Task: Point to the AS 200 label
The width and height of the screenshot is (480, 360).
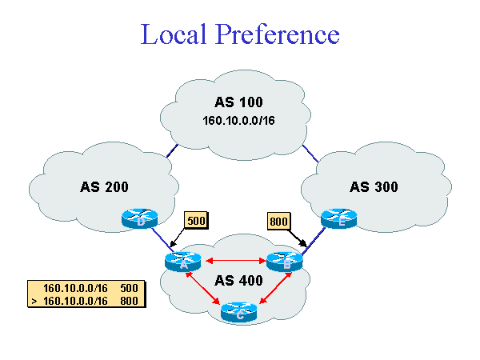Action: pos(104,187)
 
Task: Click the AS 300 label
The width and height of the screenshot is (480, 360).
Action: pos(374,187)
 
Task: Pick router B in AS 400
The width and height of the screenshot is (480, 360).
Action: pos(286,261)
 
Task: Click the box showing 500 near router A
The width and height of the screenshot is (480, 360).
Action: pos(196,220)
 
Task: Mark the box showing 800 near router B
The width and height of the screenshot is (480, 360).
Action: pos(279,220)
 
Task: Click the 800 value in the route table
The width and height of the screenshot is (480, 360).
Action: pos(130,301)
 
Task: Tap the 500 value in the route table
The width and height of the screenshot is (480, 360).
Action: pos(130,288)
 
